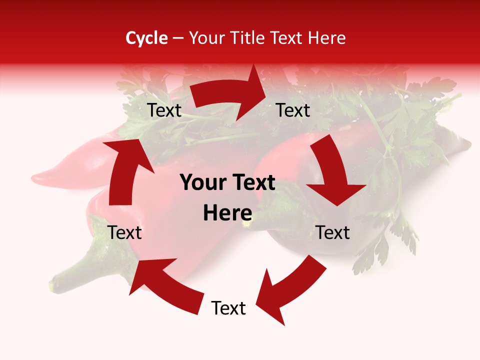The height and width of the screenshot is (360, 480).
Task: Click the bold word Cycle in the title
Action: [146, 38]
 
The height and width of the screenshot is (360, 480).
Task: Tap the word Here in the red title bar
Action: [327, 38]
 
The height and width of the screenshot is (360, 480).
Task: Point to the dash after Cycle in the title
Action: [178, 38]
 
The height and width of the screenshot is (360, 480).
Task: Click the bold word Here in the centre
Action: [227, 213]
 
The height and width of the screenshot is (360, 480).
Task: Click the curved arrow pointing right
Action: [230, 95]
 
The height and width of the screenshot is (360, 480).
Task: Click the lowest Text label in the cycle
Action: [228, 308]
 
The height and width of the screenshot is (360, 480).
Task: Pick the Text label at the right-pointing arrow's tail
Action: [164, 110]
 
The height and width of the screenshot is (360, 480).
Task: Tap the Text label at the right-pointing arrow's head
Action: [293, 110]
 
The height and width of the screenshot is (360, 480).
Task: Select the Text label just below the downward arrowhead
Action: [332, 232]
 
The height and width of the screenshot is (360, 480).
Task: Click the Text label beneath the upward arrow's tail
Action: [124, 232]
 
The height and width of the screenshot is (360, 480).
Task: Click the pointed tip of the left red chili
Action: [35, 177]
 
